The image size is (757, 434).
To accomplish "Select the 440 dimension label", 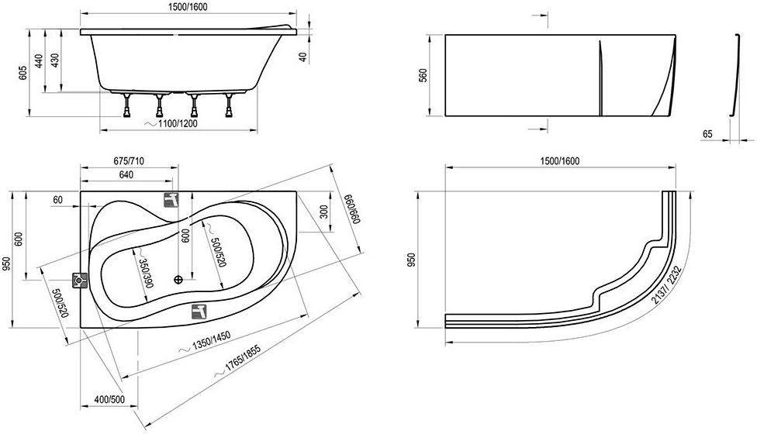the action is (x=39, y=60).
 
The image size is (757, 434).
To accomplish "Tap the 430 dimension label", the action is (x=55, y=60).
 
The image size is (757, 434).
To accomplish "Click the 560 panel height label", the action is (x=423, y=76).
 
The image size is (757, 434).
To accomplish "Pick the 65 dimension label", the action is (x=707, y=135).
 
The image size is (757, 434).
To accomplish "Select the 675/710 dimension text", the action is (x=129, y=161).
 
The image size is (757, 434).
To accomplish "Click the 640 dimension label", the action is (x=126, y=175).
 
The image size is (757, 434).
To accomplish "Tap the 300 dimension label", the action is (x=323, y=212).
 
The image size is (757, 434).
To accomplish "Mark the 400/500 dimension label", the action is (x=109, y=400).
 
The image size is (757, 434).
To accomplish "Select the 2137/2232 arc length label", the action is (x=666, y=284).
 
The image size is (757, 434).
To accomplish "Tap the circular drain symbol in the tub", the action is (x=179, y=279).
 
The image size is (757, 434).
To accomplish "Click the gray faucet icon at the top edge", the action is (x=171, y=200).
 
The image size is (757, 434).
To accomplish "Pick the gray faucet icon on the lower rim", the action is (x=199, y=312).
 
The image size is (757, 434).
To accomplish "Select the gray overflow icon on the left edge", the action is (x=80, y=281).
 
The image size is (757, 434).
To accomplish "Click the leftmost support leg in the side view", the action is (x=127, y=105).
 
